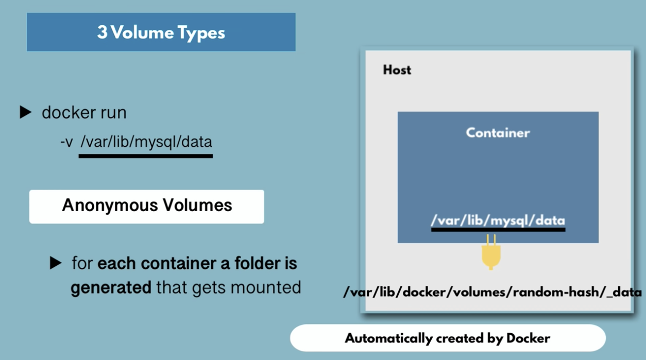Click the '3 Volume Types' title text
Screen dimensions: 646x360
[x=161, y=32]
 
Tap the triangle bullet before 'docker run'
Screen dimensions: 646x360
[x=25, y=112]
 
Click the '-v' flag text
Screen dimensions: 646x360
[x=66, y=142]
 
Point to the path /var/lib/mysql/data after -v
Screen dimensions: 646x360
[x=146, y=142]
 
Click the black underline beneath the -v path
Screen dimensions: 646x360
[x=146, y=156]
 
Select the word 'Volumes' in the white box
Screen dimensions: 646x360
[x=197, y=205]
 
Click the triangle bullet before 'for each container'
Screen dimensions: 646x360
[x=55, y=263]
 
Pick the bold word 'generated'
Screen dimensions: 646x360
[x=111, y=288]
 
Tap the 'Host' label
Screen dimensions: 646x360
[x=397, y=70]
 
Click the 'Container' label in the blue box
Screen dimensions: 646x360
[x=498, y=133]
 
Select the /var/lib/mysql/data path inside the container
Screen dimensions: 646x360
[x=498, y=220]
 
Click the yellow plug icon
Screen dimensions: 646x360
[x=491, y=252]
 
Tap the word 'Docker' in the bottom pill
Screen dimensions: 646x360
[x=529, y=338]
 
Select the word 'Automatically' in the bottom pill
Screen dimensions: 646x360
[x=388, y=338]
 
